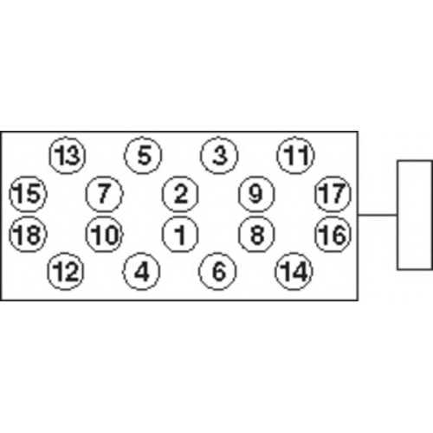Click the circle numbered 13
(68, 155)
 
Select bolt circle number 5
(143, 155)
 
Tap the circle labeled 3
(219, 155)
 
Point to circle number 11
(295, 155)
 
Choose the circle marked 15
(28, 194)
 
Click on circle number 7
(104, 194)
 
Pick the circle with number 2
(180, 194)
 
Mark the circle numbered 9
(256, 194)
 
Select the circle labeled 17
(333, 194)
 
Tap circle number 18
(28, 234)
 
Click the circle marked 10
(104, 234)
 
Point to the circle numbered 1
(180, 234)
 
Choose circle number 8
(256, 234)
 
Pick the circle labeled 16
(333, 234)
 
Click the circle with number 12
(66, 271)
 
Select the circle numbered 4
(141, 271)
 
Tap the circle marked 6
(217, 271)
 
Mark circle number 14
(294, 271)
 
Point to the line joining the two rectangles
(378, 215)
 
